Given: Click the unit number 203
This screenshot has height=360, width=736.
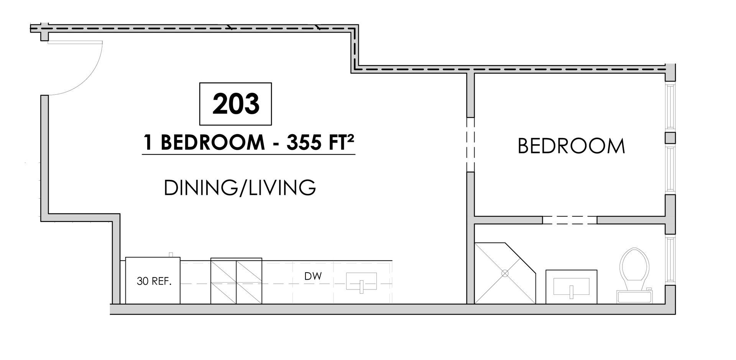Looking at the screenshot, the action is (236, 104).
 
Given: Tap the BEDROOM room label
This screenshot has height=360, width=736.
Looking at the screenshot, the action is (571, 146).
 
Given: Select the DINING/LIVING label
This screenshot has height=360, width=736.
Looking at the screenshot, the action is (240, 188).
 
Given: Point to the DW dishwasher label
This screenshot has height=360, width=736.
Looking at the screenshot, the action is (313, 276).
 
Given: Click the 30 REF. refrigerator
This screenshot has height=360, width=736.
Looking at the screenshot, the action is (153, 281).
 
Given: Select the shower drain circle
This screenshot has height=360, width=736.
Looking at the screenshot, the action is (505, 273).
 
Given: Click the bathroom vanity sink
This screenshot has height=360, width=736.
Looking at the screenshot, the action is (571, 287).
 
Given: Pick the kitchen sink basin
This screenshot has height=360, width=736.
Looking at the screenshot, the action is (361, 281).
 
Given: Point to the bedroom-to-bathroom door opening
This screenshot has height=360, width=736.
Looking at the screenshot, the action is (570, 220).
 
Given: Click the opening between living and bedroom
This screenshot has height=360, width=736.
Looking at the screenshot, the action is (470, 145).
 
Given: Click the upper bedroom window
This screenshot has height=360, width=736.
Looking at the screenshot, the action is (669, 107).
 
